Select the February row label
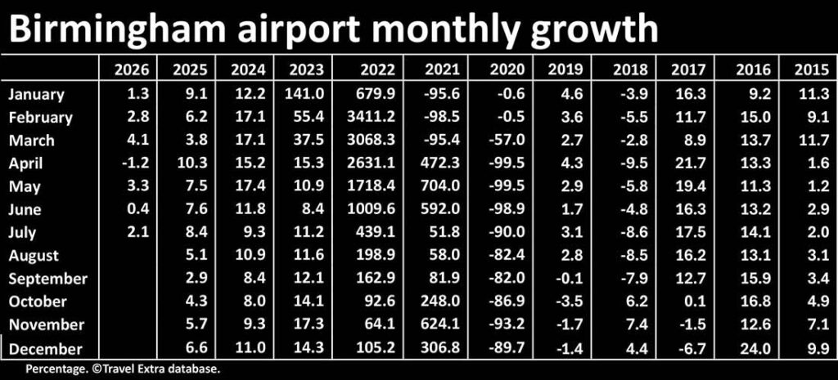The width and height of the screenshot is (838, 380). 40,118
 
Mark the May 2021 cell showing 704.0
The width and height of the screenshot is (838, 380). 443,186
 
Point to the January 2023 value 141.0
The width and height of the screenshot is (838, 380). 307,93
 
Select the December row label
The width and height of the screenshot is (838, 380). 46,348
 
